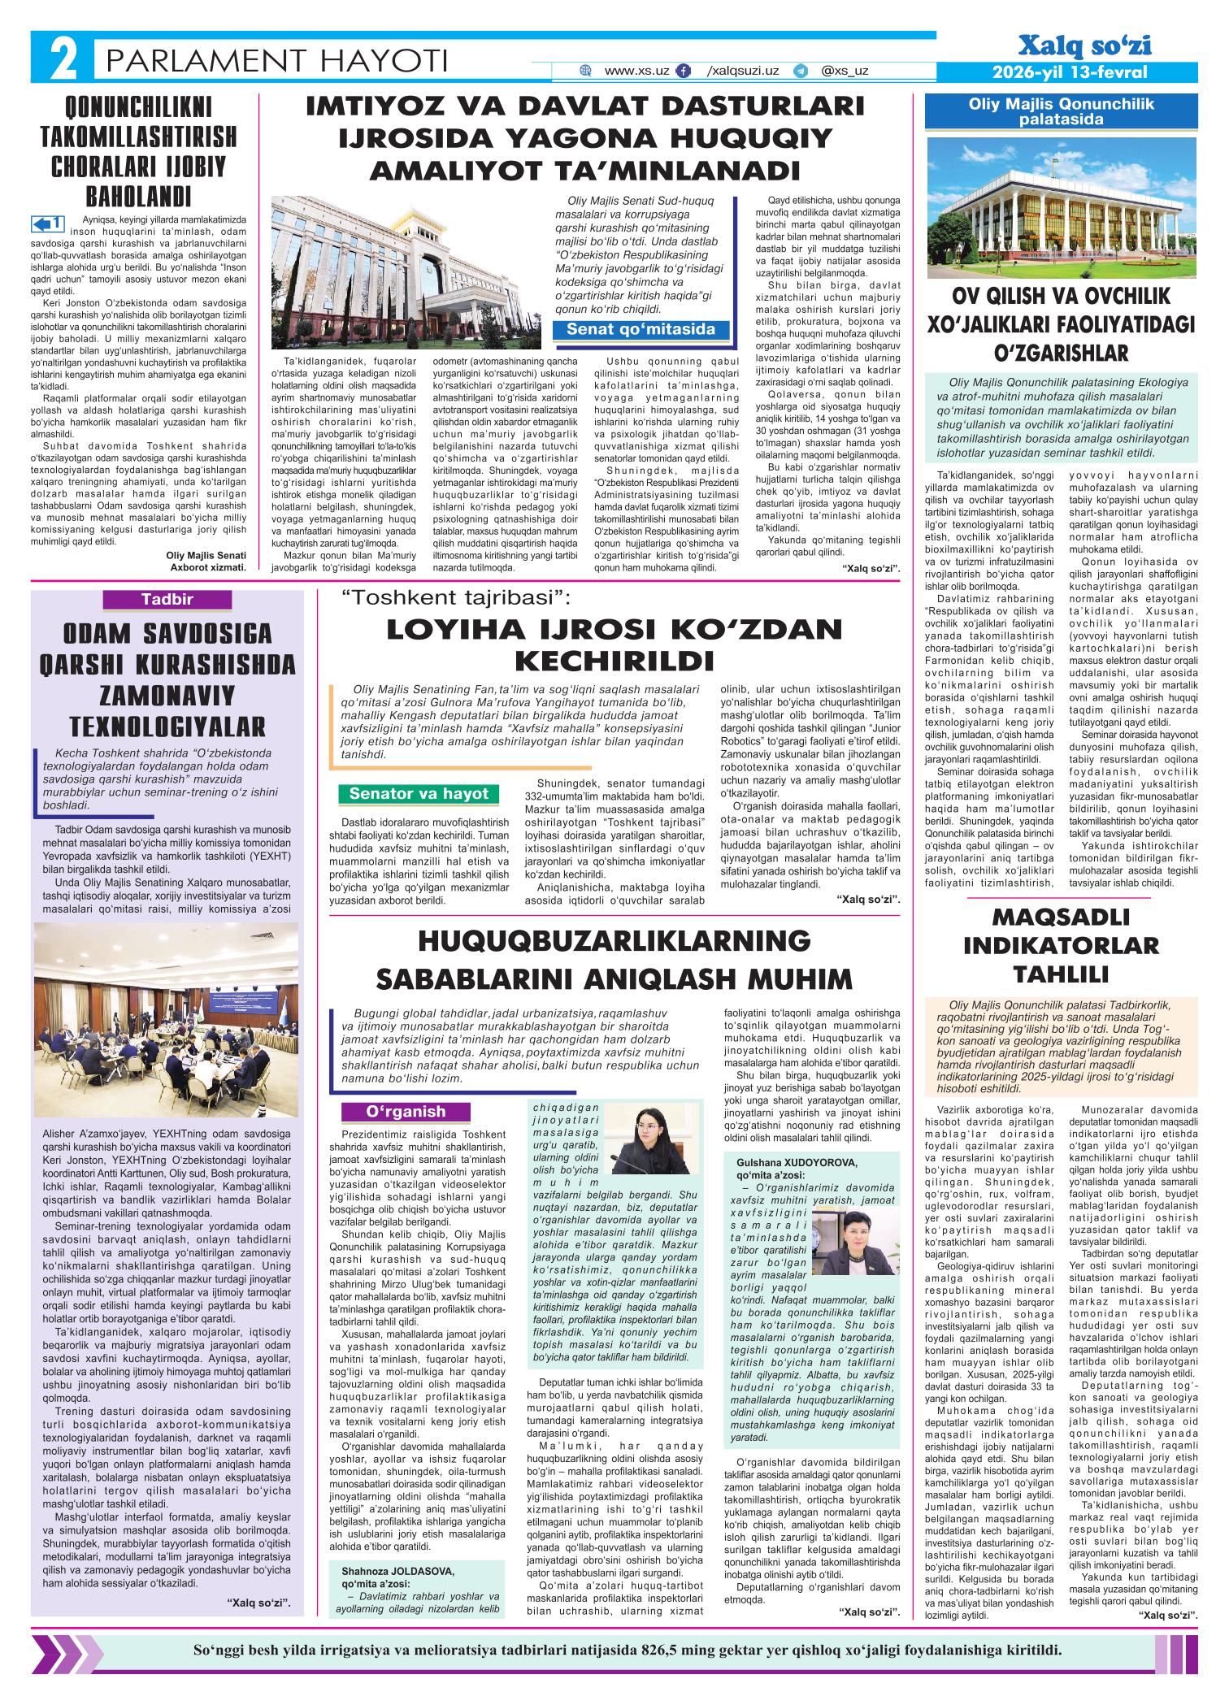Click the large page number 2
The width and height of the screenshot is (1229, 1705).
coord(60,59)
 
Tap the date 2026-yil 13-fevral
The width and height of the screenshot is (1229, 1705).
coord(1070,73)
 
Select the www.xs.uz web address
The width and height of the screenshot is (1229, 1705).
coord(636,71)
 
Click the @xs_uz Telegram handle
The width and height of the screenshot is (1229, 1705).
coord(845,71)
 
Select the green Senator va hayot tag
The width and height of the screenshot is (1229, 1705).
coord(419,793)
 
